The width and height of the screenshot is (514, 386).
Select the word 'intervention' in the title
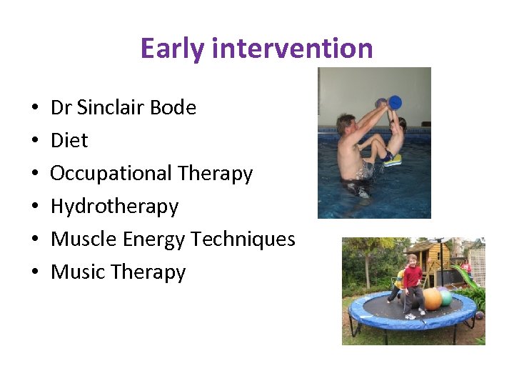point(293,49)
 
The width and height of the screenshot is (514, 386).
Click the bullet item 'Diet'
point(69,141)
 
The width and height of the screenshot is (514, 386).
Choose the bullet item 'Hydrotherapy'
point(114,207)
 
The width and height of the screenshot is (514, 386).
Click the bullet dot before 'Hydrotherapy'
point(35,207)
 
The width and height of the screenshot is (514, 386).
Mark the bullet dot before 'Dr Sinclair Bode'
point(35,109)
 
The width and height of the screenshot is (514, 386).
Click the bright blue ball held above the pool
point(395,102)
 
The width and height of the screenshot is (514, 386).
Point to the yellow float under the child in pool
point(393,160)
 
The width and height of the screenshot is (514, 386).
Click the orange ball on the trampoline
point(431,299)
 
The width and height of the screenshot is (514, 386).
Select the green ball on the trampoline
point(446,297)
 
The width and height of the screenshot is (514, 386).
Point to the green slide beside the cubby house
point(464,275)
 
